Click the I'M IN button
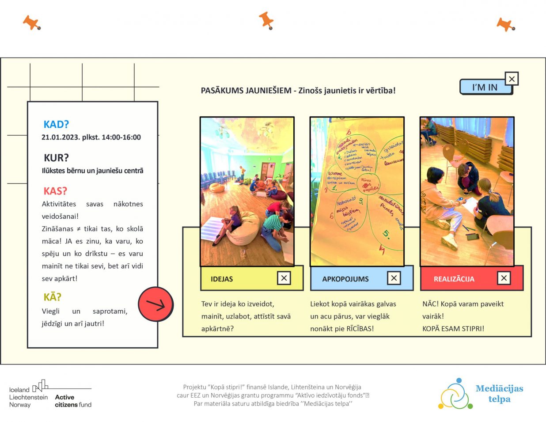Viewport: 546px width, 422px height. point(485,87)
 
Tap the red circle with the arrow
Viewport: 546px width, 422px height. point(155,304)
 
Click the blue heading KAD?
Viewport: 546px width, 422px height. point(56,125)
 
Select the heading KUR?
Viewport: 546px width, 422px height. point(56,158)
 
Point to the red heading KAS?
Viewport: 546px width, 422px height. point(55,191)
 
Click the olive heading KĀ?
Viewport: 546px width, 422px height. point(52,297)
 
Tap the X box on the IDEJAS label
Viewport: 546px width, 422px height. point(284,278)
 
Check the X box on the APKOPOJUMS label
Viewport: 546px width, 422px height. point(394,278)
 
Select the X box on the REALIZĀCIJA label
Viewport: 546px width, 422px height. point(504,278)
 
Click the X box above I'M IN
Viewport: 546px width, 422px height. point(512,79)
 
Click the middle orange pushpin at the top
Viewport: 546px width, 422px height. point(266,20)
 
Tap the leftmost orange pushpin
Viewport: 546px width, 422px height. point(31,23)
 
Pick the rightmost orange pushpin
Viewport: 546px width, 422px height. point(505,25)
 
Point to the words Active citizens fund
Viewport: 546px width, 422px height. point(73,401)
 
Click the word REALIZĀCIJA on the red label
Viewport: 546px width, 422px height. point(454,279)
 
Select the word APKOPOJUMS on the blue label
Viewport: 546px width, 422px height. point(345,279)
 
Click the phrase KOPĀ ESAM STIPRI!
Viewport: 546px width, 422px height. point(453,329)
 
